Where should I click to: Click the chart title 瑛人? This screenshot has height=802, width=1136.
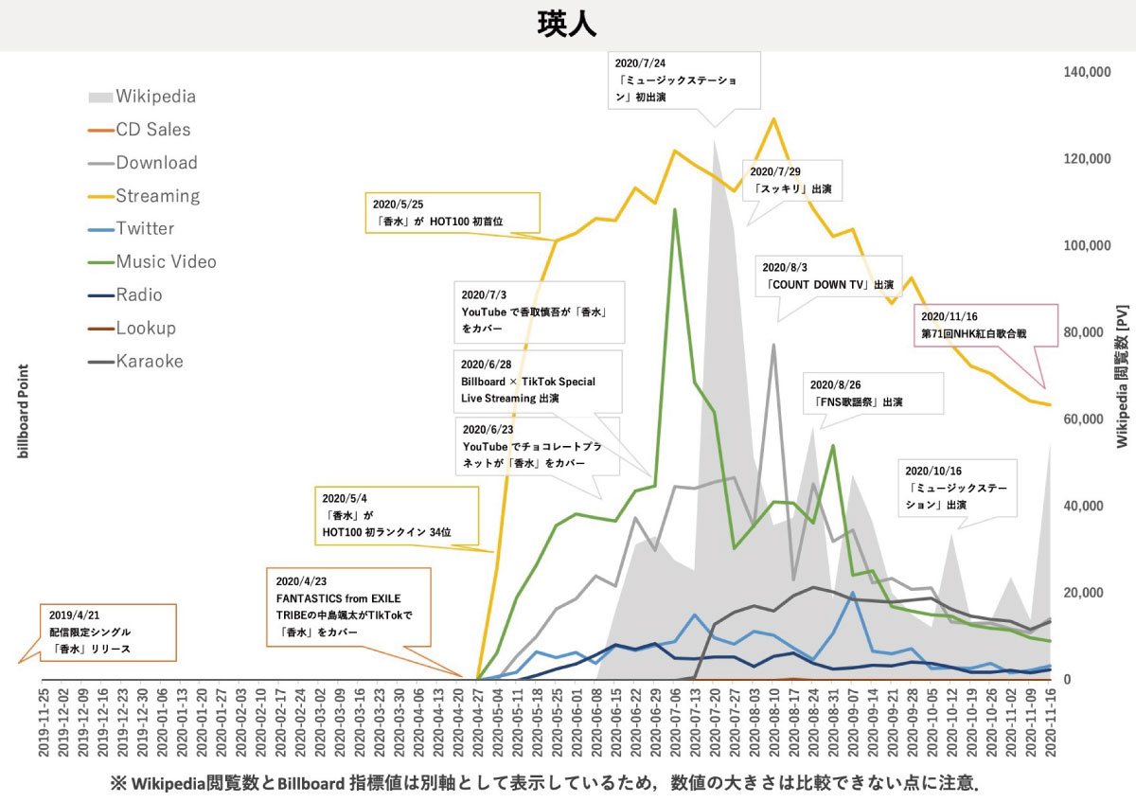pos(568,24)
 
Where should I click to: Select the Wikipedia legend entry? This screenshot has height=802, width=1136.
pos(155,97)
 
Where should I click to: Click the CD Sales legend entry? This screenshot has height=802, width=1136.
pos(152,130)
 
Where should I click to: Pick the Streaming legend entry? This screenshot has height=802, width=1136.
pos(157,196)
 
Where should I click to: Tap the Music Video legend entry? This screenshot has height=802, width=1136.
pos(166,261)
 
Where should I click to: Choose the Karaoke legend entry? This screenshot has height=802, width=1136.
pos(150,361)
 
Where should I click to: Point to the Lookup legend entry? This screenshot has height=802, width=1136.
pos(146,328)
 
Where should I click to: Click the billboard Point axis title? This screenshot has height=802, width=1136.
pos(24,411)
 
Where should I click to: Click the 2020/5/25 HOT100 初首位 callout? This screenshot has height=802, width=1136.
pos(452,212)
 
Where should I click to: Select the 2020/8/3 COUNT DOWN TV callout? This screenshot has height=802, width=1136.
pos(828,276)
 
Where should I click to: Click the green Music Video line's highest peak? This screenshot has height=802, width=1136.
pos(674,209)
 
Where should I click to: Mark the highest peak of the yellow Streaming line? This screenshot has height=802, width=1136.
pos(774,118)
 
